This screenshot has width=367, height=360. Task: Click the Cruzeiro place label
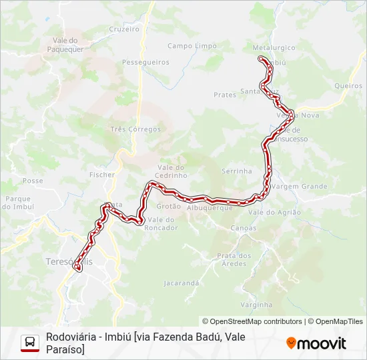123,29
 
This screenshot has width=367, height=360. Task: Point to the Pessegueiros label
145,62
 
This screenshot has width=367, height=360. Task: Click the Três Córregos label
135,129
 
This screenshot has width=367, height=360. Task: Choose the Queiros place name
348,86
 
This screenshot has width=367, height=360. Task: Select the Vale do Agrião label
274,212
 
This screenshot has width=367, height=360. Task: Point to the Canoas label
242,228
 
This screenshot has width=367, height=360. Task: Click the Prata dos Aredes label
234,259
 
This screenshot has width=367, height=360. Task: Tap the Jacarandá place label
181,283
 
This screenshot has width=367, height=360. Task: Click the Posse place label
33,181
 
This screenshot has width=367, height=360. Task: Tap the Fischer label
102,175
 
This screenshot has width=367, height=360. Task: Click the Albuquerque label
210,208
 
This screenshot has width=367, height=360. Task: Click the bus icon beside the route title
30,343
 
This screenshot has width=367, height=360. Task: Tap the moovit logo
316,343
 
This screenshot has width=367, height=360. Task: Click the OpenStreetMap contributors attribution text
252,321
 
